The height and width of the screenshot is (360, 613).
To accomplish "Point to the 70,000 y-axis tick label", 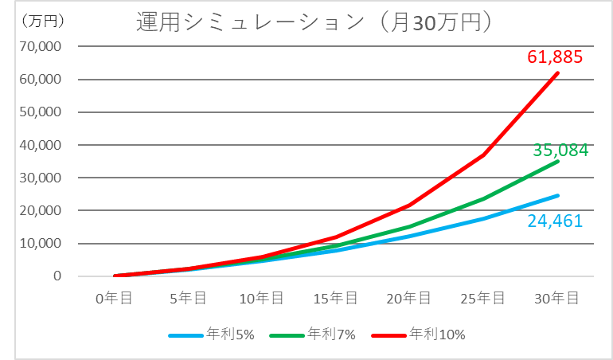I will tap(39, 47).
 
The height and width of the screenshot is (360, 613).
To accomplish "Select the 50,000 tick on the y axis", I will tap(39, 112).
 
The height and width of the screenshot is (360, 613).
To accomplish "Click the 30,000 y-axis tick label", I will tap(39, 178).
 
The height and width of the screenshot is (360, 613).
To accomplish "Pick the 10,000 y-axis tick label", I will tap(39, 244).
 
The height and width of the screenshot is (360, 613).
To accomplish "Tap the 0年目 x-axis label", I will tap(115, 298).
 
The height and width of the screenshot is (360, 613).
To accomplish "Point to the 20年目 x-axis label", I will tap(410, 298).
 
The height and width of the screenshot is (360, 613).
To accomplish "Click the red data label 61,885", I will tap(556, 57).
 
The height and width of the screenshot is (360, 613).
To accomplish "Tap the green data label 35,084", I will tap(561, 150).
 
